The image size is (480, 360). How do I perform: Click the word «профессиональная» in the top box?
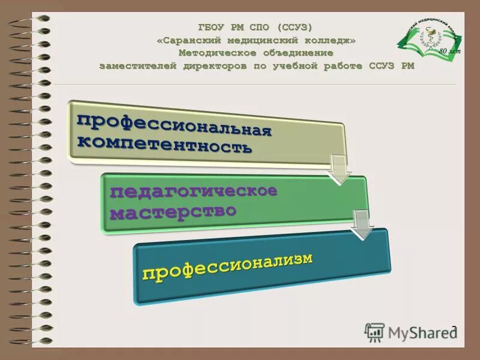[x=174, y=124]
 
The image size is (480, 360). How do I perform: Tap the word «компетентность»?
[x=165, y=144]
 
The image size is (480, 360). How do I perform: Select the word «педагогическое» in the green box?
[x=193, y=194]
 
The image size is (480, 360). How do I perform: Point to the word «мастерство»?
[x=173, y=212]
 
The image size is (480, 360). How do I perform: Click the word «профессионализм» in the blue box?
[x=228, y=266]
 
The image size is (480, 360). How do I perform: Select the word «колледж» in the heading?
[x=327, y=40]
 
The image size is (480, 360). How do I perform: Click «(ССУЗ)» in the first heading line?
[x=295, y=28]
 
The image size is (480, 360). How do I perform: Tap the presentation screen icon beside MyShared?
[x=375, y=332]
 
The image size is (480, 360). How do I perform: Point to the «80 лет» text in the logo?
[x=447, y=52]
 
